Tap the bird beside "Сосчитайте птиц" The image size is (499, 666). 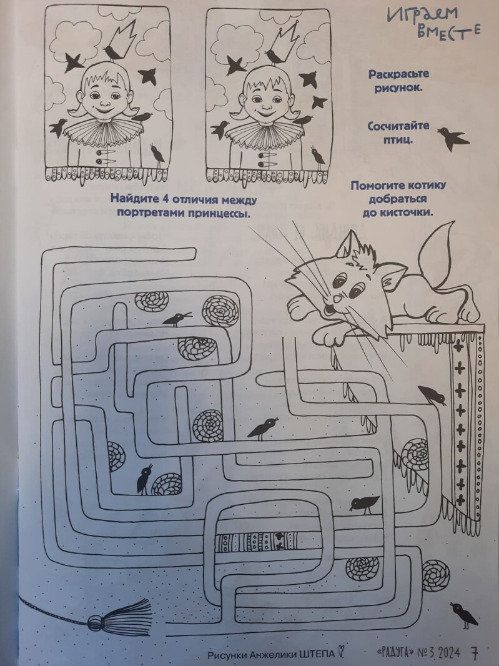(x=453, y=138)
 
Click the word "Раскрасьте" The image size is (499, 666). (x=398, y=74)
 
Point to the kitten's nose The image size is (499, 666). (x=337, y=299)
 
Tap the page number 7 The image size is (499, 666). (x=475, y=653)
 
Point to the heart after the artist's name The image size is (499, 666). (x=340, y=652)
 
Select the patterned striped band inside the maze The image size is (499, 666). (x=256, y=542)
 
